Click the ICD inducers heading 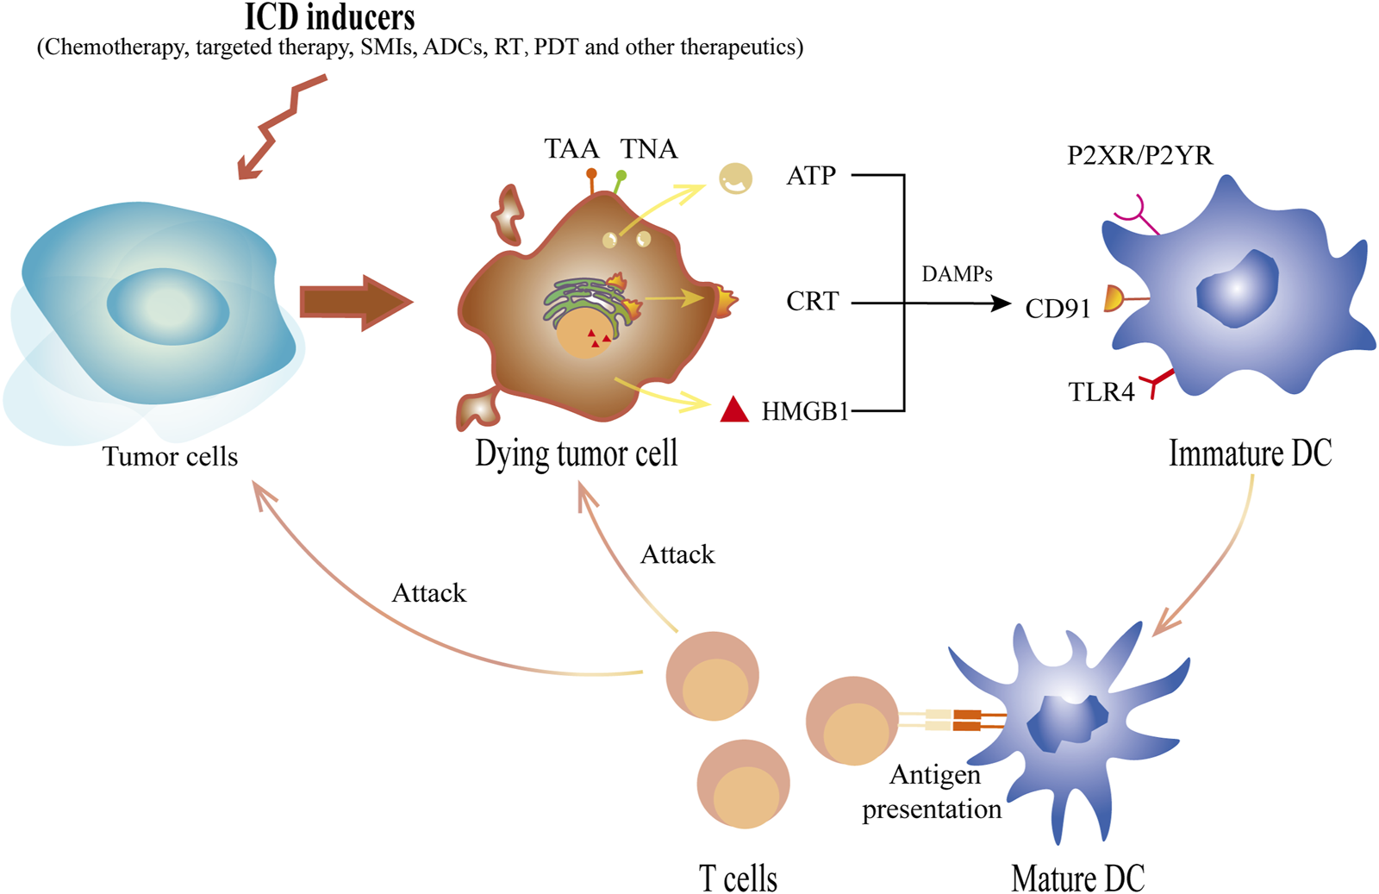tap(330, 17)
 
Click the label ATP tap(811, 176)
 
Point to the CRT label tap(812, 301)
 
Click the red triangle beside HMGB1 tap(734, 409)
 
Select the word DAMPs tap(957, 274)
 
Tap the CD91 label tap(1058, 309)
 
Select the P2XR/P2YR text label tap(1139, 155)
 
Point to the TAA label tap(571, 149)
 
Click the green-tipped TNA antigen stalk tap(620, 181)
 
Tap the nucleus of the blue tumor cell tap(168, 306)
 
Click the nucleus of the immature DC tap(1237, 289)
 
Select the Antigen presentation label tap(933, 791)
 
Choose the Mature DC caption tap(1077, 878)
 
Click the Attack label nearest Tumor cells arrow tap(428, 593)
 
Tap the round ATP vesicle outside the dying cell tap(735, 178)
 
